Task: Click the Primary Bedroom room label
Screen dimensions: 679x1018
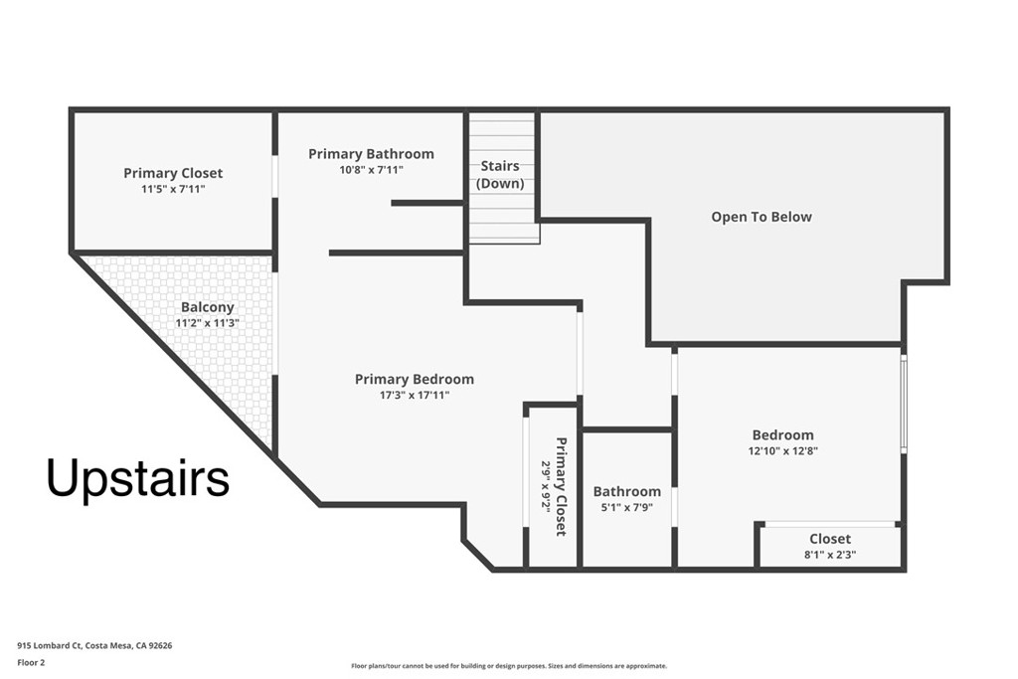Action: click(x=414, y=379)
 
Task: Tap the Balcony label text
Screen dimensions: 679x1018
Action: click(x=207, y=307)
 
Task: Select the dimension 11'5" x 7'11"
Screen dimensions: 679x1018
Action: click(x=173, y=189)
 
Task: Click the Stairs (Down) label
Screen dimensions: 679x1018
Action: click(x=500, y=175)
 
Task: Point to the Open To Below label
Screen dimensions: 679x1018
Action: click(x=761, y=217)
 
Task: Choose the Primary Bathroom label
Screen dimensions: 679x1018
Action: click(x=371, y=154)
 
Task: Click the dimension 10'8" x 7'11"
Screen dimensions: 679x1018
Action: click(x=371, y=170)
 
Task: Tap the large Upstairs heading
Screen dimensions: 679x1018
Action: click(x=138, y=478)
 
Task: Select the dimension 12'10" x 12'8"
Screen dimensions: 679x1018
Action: click(x=782, y=450)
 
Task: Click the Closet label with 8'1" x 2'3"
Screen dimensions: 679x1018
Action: click(x=829, y=539)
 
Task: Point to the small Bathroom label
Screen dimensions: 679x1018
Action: click(x=626, y=491)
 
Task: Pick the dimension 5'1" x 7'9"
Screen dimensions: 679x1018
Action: click(x=626, y=507)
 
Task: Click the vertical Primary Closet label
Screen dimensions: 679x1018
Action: click(x=561, y=486)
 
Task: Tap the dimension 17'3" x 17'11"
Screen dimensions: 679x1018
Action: click(x=414, y=395)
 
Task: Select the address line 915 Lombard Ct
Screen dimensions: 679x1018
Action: click(x=94, y=645)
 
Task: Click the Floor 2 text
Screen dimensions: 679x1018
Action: click(x=35, y=661)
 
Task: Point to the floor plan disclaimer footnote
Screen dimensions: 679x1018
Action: click(x=508, y=666)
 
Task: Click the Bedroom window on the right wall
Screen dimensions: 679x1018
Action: click(x=903, y=403)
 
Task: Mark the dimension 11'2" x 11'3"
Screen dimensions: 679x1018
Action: click(x=207, y=323)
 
